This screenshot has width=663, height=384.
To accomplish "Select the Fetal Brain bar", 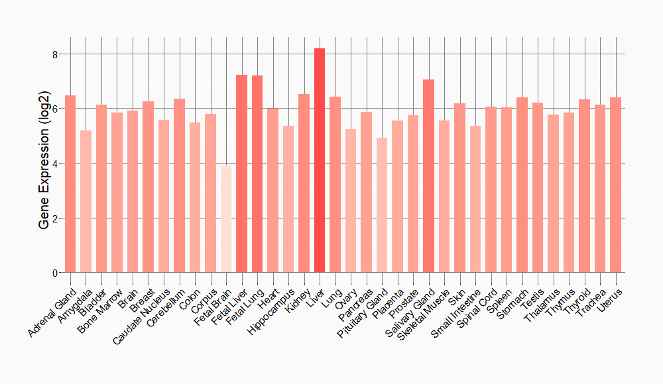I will (226, 219).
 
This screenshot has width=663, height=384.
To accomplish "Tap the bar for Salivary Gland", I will (428, 176).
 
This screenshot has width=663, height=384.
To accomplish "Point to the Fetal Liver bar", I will (241, 173).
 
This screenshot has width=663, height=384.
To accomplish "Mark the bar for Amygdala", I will (86, 202).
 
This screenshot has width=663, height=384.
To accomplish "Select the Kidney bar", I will (304, 183).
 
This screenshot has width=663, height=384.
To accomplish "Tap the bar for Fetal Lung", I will (257, 174).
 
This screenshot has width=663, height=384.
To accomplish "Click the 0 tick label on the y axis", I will (54, 273).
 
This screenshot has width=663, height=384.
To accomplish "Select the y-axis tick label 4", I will (54, 164).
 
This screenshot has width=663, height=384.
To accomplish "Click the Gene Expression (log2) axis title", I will (44, 164).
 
